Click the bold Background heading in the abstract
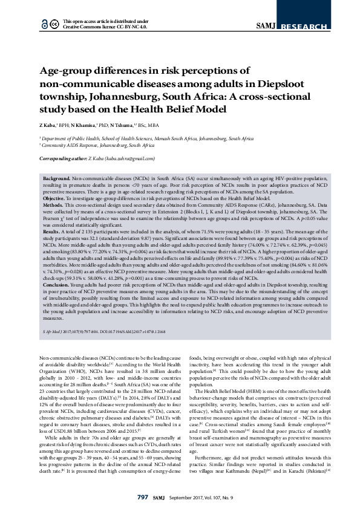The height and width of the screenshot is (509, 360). pos(56,180)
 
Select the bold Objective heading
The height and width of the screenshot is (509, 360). pos(55,198)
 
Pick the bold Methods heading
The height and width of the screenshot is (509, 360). pos(54,204)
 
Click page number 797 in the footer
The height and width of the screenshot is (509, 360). pos(143,497)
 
